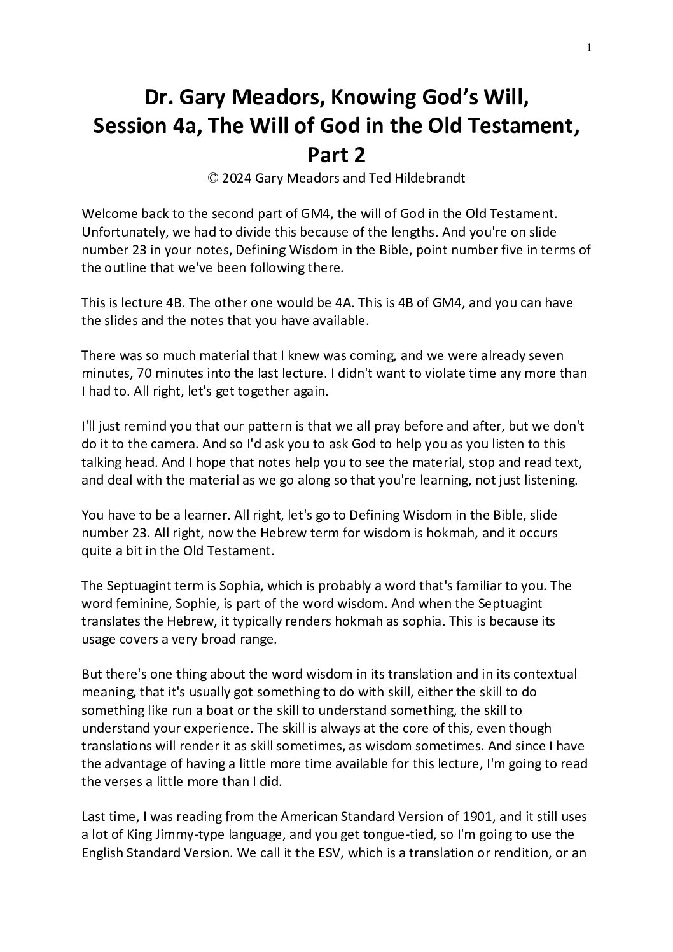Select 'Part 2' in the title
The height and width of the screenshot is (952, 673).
[x=336, y=155]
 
